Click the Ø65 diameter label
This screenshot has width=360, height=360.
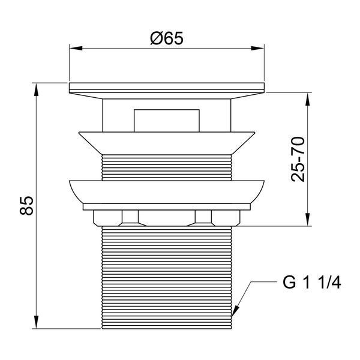coord(167,38)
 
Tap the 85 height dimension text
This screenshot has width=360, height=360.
coord(26,205)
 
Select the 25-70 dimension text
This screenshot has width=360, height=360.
coord(298,160)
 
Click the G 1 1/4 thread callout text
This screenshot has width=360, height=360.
coord(311,283)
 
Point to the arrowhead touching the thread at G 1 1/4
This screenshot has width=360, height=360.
coord(235,311)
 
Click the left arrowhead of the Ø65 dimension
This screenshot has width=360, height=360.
coord(76,48)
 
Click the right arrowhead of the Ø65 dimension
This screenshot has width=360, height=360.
coord(257,48)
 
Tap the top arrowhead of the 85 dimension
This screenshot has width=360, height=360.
coord(36,89)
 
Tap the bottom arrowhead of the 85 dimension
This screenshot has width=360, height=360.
coord(36,322)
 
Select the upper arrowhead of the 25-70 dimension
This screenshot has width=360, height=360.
coord(308,99)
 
